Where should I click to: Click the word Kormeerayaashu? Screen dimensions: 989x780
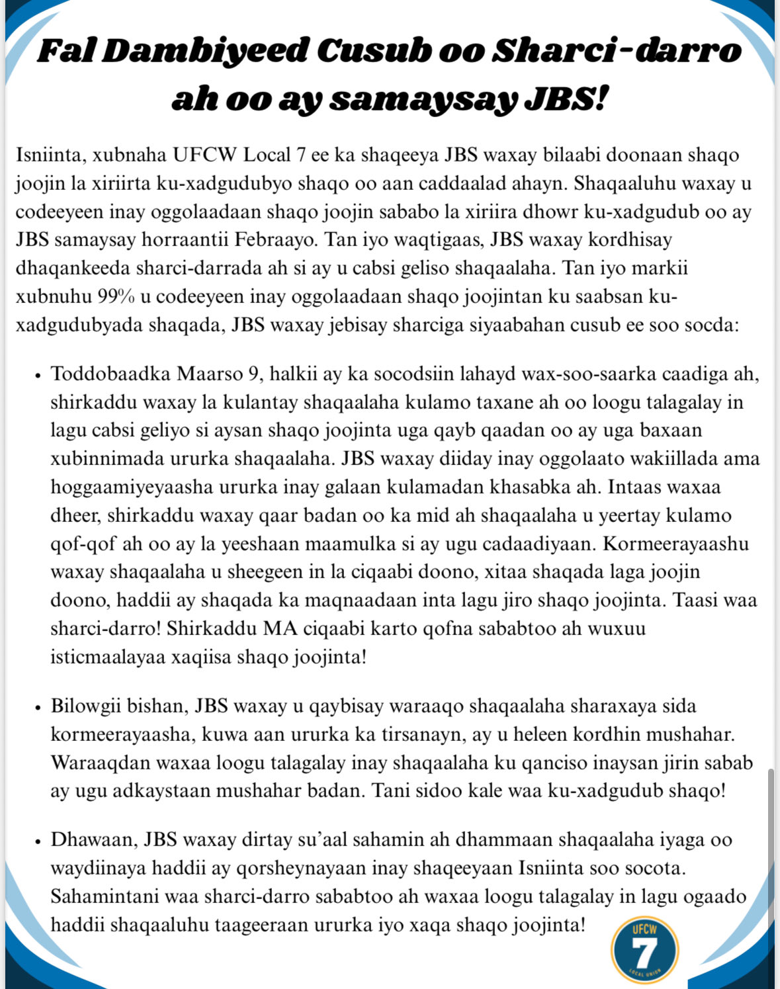(x=675, y=544)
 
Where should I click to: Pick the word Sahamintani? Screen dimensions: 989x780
(x=106, y=896)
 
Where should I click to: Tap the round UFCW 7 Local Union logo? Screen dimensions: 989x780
(x=644, y=950)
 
